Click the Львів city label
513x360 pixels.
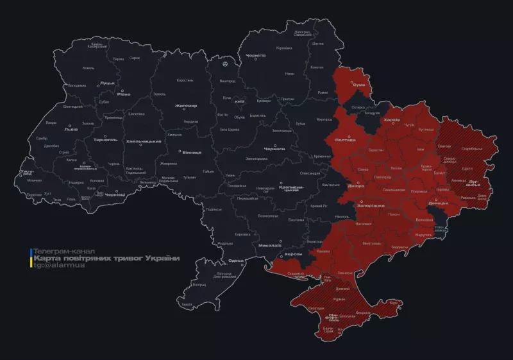[70, 129]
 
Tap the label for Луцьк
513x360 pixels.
[108, 83]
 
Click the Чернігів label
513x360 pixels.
[256, 56]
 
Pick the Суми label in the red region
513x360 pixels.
[359, 85]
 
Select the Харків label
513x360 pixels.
[391, 120]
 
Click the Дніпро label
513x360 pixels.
[356, 185]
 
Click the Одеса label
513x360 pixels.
[236, 261]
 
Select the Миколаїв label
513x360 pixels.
[270, 246]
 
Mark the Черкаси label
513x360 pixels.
[274, 148]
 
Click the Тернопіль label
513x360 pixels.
[106, 140]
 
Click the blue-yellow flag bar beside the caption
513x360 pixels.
[30, 257]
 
